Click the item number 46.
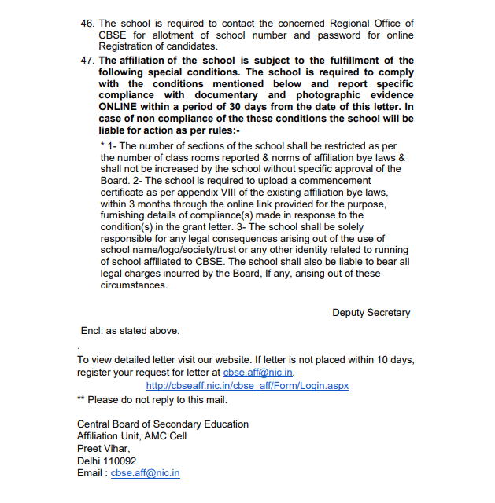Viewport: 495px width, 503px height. (87, 24)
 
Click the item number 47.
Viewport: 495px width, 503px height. (87, 61)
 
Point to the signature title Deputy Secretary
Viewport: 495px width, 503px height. (371, 313)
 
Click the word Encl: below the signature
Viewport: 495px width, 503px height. (94, 331)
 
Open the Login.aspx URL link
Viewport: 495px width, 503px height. (247, 386)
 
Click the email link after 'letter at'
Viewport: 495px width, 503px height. (258, 373)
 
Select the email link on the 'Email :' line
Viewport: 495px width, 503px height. (146, 473)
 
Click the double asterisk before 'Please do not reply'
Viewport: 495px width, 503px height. (81, 400)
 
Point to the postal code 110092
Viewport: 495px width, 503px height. (117, 461)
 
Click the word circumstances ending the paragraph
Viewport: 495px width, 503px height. (134, 285)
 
